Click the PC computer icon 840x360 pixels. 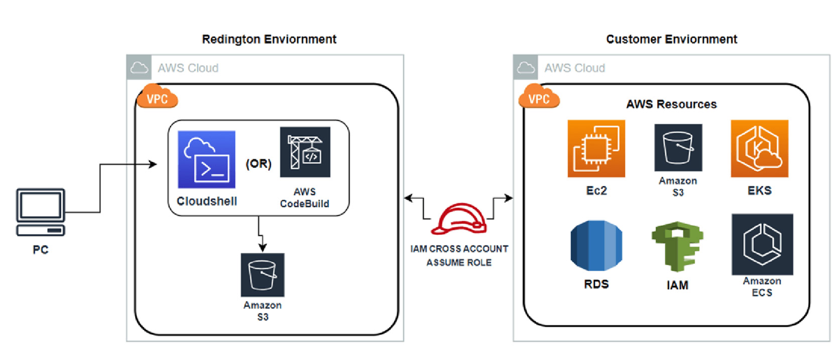coord(41,212)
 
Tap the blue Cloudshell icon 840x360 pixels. coord(206,159)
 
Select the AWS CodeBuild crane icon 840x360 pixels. coord(305,152)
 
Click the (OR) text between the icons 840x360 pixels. coord(258,164)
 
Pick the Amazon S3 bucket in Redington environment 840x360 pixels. coord(263,275)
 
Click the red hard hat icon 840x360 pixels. coord(459,219)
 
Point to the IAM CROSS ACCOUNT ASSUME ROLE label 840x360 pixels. coord(459,256)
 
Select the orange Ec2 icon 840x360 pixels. coord(596,149)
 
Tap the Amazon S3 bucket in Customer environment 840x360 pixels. coord(678,148)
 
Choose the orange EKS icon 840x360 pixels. coord(759,149)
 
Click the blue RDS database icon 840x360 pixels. coord(596,246)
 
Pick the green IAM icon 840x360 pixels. coord(677,247)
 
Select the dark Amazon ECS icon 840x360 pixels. coord(762,245)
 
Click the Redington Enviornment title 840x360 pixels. coord(269,39)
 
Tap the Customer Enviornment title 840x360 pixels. coord(671,39)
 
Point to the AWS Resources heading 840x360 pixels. coord(671,104)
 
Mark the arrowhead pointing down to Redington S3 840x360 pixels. coord(262,248)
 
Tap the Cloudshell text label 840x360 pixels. coord(207,201)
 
